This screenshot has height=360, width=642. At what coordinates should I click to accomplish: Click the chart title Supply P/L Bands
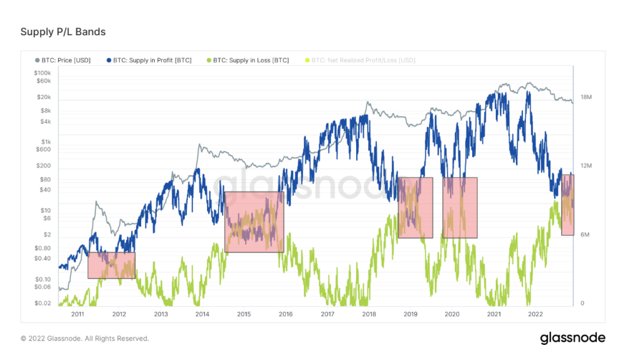coord(63,31)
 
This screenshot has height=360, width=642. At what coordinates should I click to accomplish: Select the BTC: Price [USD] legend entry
coord(66,60)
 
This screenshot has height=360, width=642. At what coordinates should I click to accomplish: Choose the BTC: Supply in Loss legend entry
coord(248,60)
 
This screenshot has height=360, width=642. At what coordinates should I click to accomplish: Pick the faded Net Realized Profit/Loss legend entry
coord(359,60)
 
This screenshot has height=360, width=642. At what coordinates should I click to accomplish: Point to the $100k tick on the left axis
coord(43,73)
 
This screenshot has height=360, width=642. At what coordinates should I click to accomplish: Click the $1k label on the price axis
coord(45,141)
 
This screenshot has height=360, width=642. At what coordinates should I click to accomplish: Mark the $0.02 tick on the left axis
coord(42,304)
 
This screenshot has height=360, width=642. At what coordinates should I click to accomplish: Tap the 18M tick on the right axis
coord(586,97)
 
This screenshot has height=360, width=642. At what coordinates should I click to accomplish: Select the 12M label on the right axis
coord(586,166)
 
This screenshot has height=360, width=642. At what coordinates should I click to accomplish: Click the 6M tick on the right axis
coord(585,235)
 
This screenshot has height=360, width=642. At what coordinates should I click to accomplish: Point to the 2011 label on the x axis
coord(78,314)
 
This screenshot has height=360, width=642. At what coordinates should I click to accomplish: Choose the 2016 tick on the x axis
coord(285,314)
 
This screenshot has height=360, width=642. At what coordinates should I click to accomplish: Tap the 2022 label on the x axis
coord(535,314)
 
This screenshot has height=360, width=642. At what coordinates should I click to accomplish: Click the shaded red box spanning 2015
coord(254,222)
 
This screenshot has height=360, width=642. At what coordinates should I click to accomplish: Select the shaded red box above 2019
coord(415,208)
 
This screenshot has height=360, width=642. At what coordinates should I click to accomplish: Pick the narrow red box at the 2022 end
coord(567,204)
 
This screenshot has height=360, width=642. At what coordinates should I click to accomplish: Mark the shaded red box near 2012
coord(111,265)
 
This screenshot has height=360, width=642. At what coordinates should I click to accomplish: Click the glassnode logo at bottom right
coord(572,338)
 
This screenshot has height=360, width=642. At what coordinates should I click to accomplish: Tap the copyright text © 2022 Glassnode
coord(85,338)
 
